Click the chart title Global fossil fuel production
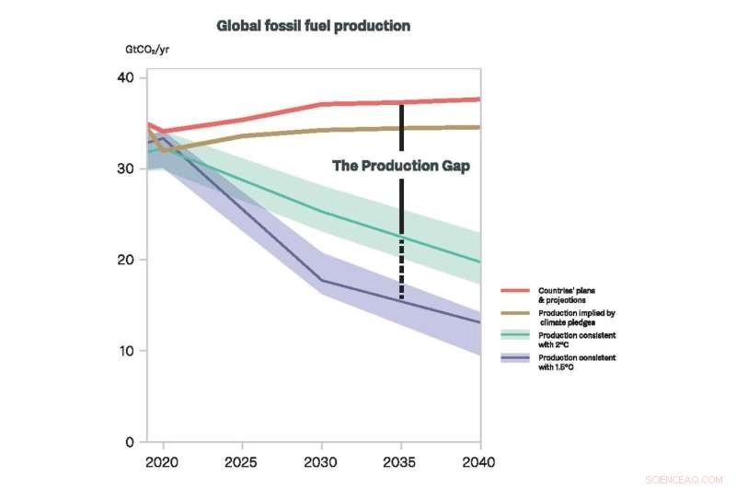tap(313, 26)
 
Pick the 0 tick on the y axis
tap(129, 442)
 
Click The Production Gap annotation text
tap(400, 167)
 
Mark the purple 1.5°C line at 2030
tap(321, 280)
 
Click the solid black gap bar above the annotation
tap(401, 127)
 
